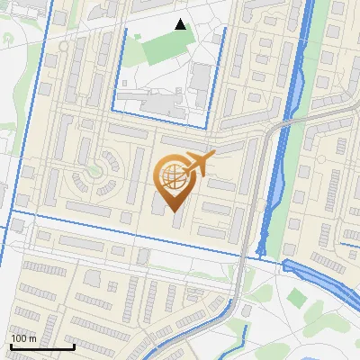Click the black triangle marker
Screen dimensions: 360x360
pyautogui.click(x=181, y=24)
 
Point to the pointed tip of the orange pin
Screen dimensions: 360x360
pyautogui.click(x=172, y=211)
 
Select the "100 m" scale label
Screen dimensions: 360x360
pyautogui.click(x=22, y=338)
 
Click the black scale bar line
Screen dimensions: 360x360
pyautogui.click(x=42, y=346)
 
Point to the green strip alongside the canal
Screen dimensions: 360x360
pyautogui.click(x=279, y=198)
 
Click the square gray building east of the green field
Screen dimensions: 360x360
pyautogui.click(x=202, y=76)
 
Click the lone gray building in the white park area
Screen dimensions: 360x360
pyautogui.click(x=246, y=311)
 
